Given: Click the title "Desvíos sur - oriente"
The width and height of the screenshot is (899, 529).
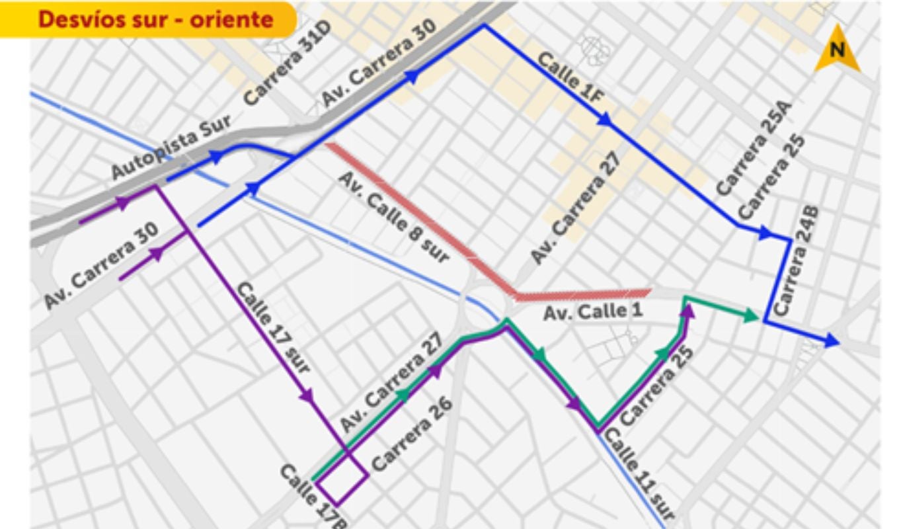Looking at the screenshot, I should pyautogui.click(x=155, y=19).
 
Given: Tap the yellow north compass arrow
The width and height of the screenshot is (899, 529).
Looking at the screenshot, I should pyautogui.click(x=837, y=50).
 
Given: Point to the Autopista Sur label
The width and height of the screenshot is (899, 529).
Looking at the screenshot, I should pyautogui.click(x=171, y=146).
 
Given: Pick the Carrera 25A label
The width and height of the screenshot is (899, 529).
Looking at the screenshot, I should pyautogui.click(x=753, y=149).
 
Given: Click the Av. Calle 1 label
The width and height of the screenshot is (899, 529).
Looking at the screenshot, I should pyautogui.click(x=592, y=311).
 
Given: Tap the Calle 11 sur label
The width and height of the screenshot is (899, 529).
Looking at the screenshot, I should pyautogui.click(x=641, y=473).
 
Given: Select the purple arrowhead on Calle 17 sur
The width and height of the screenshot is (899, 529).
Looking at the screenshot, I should pyautogui.click(x=306, y=396).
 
